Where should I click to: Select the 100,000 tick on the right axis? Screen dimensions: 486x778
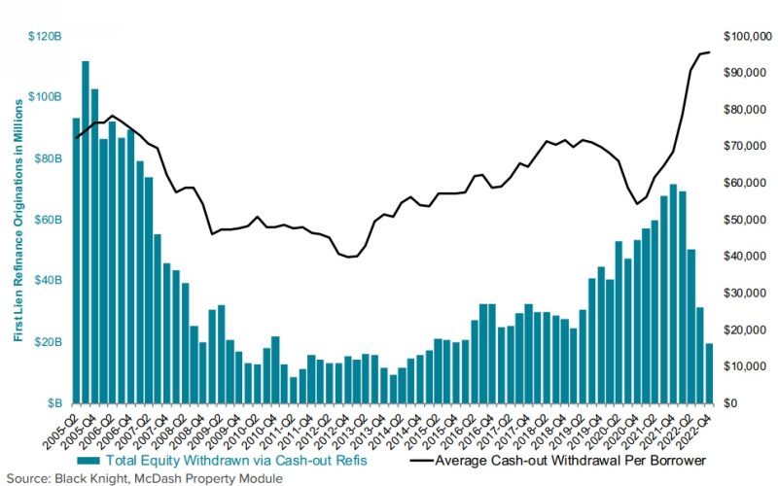741,36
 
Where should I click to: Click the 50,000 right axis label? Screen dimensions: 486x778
743,220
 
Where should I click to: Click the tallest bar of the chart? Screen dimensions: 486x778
86,233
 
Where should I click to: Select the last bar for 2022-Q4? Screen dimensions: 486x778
709,373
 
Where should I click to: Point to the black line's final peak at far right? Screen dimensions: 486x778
709,52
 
